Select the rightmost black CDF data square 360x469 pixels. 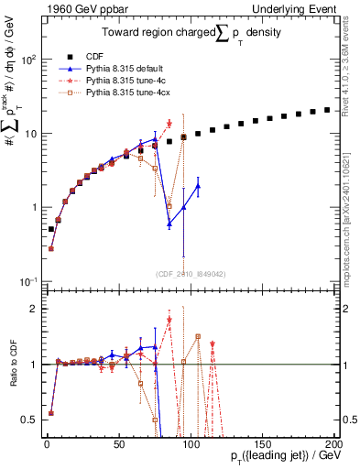click(x=327, y=110)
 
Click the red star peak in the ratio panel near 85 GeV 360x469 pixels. click(x=169, y=320)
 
